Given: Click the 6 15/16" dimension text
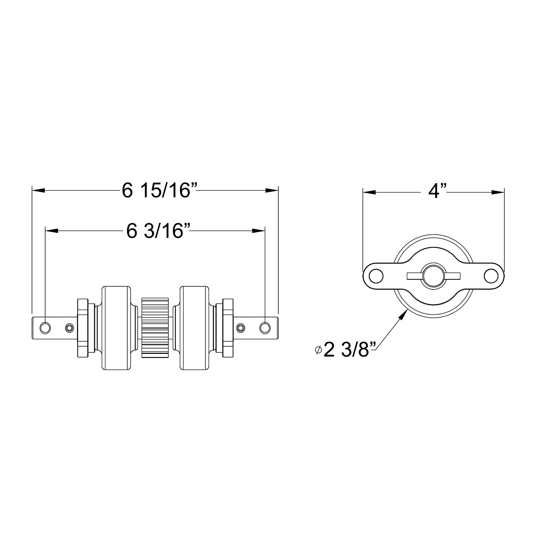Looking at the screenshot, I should (x=160, y=191).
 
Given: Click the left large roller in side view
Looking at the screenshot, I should (x=116, y=328).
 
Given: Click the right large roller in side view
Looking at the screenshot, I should (x=194, y=328).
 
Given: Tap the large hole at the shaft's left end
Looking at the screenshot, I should (x=45, y=328).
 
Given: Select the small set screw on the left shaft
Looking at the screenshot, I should (x=69, y=328).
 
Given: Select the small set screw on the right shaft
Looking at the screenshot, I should (x=241, y=328).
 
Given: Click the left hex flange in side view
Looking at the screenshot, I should (x=82, y=328).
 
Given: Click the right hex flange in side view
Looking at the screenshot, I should (x=228, y=328).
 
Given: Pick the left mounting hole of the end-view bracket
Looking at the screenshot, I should (x=376, y=276).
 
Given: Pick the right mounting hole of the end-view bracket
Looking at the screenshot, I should (x=491, y=276).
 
